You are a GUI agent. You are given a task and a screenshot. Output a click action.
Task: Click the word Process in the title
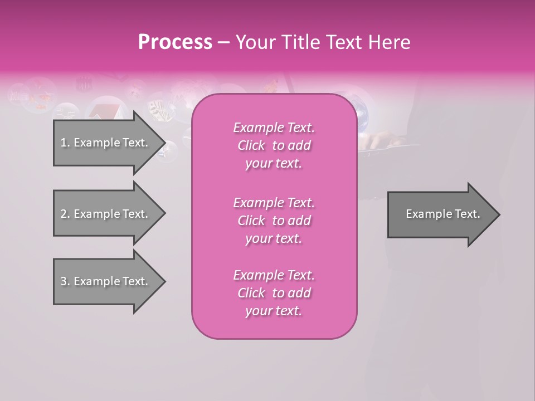pos(175,42)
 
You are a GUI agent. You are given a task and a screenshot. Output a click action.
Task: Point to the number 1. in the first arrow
pos(65,143)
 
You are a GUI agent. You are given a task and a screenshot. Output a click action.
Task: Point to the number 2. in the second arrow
pos(65,214)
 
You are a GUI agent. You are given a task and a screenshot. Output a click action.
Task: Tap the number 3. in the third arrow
pos(65,281)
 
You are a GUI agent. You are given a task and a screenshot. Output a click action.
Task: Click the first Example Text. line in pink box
pos(274,128)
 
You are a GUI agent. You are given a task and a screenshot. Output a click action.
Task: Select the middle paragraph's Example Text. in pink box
pos(274,203)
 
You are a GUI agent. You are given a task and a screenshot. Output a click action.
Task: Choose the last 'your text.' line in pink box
pos(274,311)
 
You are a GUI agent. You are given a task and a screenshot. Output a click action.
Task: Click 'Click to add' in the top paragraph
pos(274,145)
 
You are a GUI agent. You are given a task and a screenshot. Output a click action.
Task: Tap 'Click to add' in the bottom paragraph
pos(274,293)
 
